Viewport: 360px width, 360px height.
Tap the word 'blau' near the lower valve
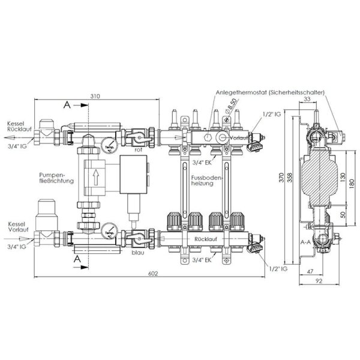pos(137,253)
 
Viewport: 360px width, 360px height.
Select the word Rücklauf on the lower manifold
pos(206,238)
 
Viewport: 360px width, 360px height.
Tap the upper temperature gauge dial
pos(108,146)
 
